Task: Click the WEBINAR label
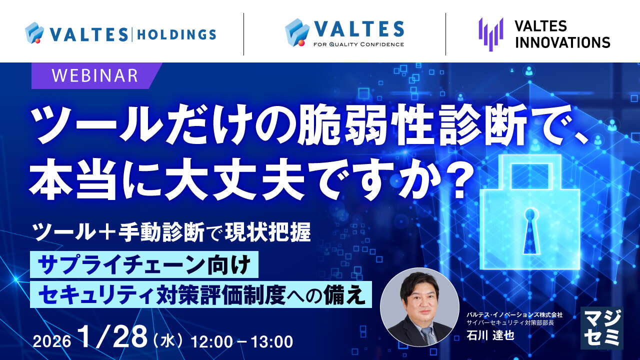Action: [x=95, y=75]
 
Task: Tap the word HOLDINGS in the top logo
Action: [x=176, y=34]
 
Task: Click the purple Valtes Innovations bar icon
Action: [x=490, y=34]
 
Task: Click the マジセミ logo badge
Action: [x=601, y=327]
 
